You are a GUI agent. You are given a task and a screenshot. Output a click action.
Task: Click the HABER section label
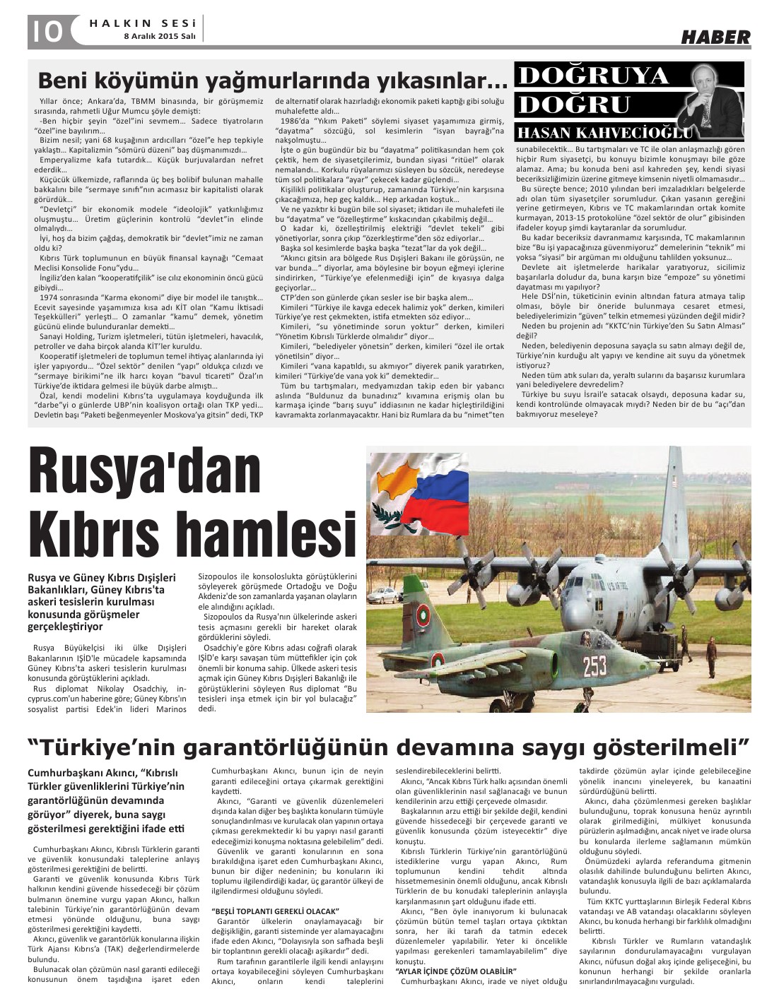715,37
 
